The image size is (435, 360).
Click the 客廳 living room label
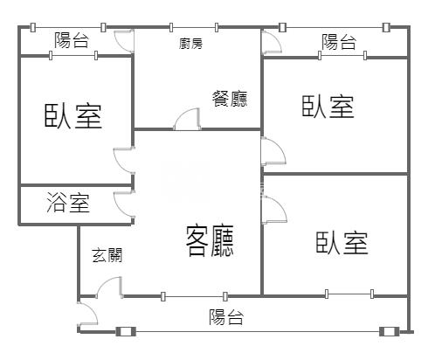[210, 240]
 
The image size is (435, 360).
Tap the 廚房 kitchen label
[190, 44]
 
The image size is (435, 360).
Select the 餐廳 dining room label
[230, 99]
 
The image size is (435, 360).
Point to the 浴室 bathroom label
[68, 203]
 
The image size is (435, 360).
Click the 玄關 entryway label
[107, 255]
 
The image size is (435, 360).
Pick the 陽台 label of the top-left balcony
[72, 40]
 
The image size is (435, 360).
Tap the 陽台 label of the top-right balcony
[339, 42]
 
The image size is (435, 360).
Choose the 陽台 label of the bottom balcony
[226, 317]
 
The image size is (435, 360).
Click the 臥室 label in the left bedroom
[73, 116]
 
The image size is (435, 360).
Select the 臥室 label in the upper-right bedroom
[328, 107]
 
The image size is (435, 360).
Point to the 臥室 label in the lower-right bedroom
[342, 243]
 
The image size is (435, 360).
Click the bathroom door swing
[124, 204]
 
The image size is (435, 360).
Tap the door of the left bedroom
[124, 161]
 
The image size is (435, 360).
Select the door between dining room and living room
[187, 119]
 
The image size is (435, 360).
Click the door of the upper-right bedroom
[273, 151]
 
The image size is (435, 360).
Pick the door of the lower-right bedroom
[274, 210]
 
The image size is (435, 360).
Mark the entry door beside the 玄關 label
[109, 287]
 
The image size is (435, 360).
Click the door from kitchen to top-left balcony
[124, 41]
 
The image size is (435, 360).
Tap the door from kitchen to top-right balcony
[272, 42]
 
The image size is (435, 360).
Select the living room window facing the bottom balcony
[194, 296]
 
